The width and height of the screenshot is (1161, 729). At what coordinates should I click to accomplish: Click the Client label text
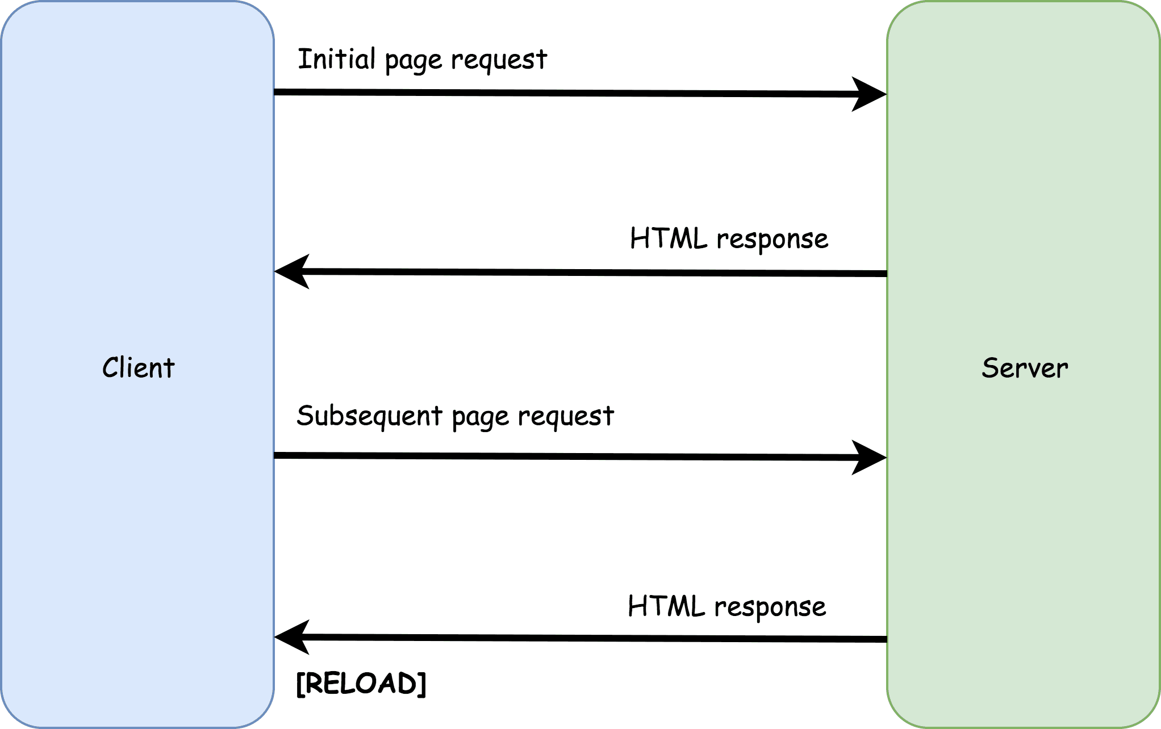(138, 367)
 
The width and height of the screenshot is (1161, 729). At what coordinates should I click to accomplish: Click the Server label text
(1025, 368)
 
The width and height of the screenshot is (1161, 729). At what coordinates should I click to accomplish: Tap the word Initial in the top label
(336, 59)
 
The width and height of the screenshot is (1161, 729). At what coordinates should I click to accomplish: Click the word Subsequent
(369, 416)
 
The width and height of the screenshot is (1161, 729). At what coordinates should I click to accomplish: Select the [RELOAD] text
(361, 683)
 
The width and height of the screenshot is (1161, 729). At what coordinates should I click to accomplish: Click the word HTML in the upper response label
(669, 238)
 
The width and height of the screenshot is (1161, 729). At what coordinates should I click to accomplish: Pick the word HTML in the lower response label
(666, 606)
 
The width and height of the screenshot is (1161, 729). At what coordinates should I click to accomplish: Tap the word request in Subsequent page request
(566, 417)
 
